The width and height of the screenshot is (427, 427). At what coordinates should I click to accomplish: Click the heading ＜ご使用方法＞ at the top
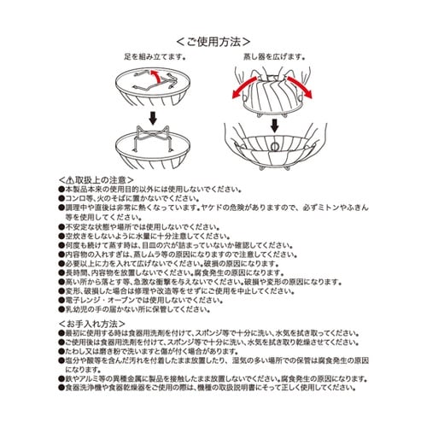pyautogui.click(x=213, y=40)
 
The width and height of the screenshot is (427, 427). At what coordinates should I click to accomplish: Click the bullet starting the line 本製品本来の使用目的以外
pyautogui.click(x=61, y=187)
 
